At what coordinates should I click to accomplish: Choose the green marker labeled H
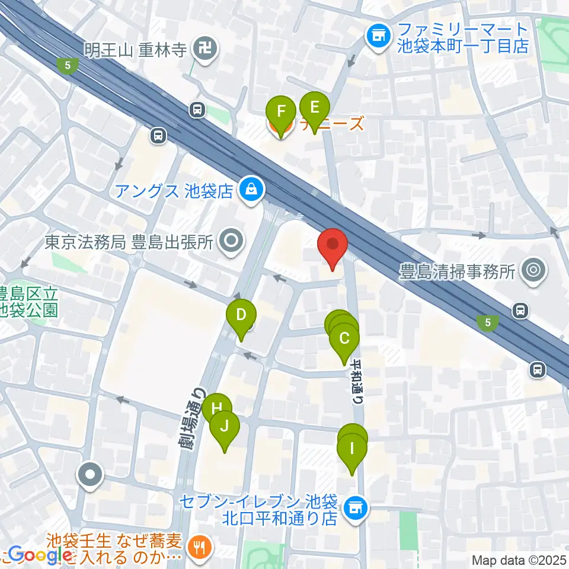[216, 408]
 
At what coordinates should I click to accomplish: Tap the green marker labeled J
[225, 427]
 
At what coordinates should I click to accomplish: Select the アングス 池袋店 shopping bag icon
[251, 190]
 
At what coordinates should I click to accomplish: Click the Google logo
[36, 555]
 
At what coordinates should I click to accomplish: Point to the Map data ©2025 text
[519, 560]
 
